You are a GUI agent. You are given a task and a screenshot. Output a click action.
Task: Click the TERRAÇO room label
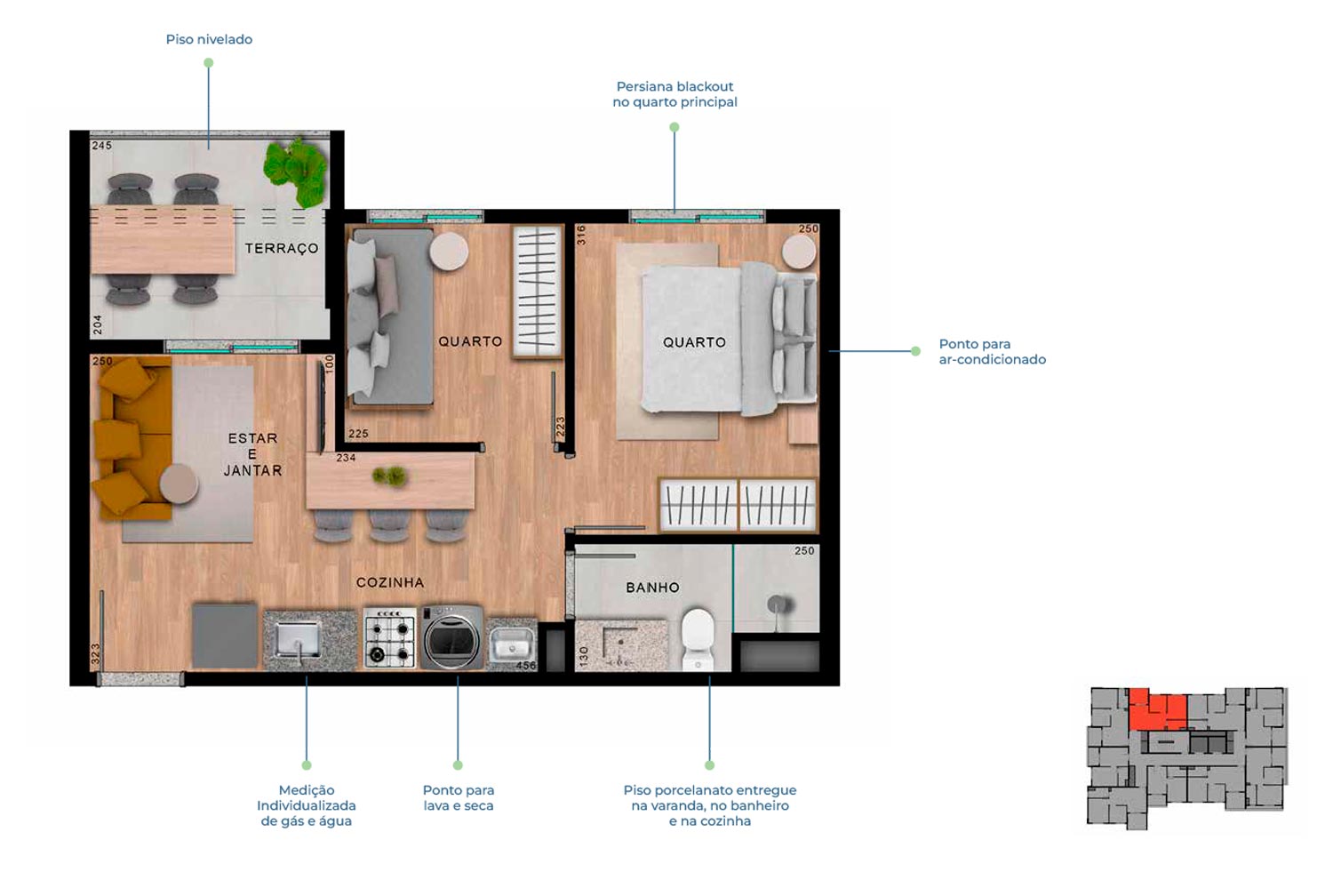coord(282,248)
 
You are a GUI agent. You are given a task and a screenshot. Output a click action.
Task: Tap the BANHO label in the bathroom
coord(652,588)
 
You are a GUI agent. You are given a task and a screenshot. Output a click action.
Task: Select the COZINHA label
coord(390,582)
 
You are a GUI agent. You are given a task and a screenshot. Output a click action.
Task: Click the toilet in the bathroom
coord(697,637)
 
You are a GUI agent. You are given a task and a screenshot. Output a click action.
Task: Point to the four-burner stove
coord(390,637)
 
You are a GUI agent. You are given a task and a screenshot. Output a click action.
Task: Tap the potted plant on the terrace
coord(296,172)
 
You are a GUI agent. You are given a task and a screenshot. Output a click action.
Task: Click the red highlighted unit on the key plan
coord(1157,708)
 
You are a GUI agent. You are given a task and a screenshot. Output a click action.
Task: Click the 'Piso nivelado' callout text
coord(209,39)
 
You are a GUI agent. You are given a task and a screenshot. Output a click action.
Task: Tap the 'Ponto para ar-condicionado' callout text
coord(992,351)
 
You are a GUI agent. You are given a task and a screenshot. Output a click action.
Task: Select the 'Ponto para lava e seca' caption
coord(459,798)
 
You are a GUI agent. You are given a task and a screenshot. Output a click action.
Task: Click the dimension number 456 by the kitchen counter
coord(526,666)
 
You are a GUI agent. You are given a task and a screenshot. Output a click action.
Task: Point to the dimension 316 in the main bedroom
coord(581,235)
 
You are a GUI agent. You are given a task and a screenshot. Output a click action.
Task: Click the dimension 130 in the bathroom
coord(583,656)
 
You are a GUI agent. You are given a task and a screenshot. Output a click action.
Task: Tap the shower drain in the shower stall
coord(778,605)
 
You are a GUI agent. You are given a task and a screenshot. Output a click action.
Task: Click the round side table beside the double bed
coord(799,252)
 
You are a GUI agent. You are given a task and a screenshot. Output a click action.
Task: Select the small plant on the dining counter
coord(389,476)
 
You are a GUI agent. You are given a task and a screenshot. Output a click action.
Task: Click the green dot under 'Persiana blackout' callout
coord(674,127)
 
